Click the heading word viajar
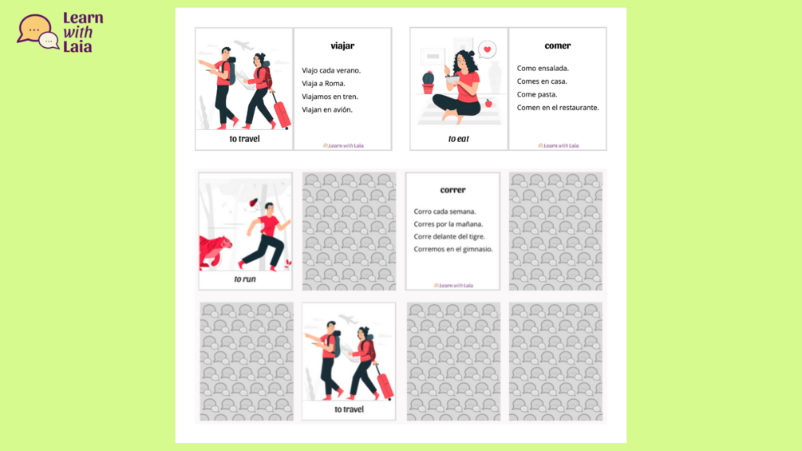tap(342, 46)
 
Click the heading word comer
tap(558, 45)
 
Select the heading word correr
tap(452, 190)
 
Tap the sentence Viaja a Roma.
tap(323, 83)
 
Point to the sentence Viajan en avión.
tap(327, 109)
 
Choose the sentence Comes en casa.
tap(542, 81)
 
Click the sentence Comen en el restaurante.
tap(558, 108)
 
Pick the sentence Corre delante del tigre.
tap(449, 236)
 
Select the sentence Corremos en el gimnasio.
tap(453, 249)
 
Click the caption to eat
tap(458, 139)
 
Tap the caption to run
tap(245, 279)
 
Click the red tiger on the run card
tap(215, 251)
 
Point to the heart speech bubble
tap(487, 50)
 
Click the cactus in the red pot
tap(428, 81)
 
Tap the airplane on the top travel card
tap(244, 45)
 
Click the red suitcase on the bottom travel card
tap(384, 383)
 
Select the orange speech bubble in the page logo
tap(33, 30)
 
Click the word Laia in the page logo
tap(77, 47)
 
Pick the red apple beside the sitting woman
tap(488, 103)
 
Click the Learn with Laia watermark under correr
tap(454, 285)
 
